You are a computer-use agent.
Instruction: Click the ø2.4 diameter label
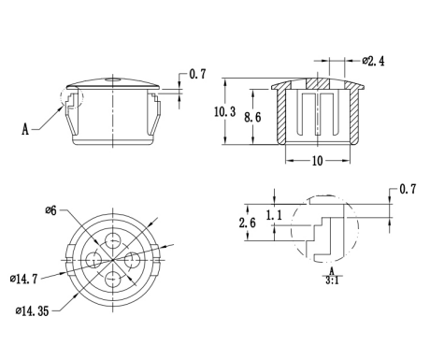pos(373,61)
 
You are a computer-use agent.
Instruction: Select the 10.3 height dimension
pos(224,111)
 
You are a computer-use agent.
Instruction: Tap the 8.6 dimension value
pos(252,117)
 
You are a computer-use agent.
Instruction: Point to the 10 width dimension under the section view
pos(317,161)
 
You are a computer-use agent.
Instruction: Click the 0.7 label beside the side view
pos(197,74)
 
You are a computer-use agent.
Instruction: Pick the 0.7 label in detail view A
pos(408,189)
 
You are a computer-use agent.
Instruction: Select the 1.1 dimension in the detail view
pos(274,215)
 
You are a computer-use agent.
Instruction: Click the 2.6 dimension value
pos(248,223)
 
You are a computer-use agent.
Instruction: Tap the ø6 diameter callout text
pos(51,210)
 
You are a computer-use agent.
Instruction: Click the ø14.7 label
pos(23,279)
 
